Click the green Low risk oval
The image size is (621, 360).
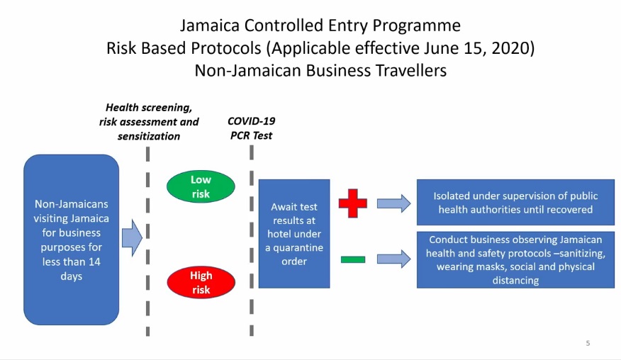click(200, 186)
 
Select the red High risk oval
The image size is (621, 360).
click(201, 283)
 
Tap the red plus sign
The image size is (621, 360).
click(352, 203)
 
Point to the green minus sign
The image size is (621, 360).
click(352, 259)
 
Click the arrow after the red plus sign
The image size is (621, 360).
click(393, 203)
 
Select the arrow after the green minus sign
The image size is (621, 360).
click(393, 259)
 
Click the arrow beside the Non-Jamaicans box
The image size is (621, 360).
click(132, 238)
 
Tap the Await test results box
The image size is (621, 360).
click(293, 233)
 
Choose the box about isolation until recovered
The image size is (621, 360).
click(515, 202)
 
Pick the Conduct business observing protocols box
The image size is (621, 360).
click(515, 259)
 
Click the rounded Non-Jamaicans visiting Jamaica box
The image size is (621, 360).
click(71, 240)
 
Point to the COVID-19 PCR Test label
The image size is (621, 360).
click(250, 128)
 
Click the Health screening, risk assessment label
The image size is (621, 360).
click(149, 121)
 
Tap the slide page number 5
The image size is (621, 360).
click(588, 344)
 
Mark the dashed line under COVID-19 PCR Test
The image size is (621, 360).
click(252, 241)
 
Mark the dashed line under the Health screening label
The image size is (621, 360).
click(147, 241)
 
